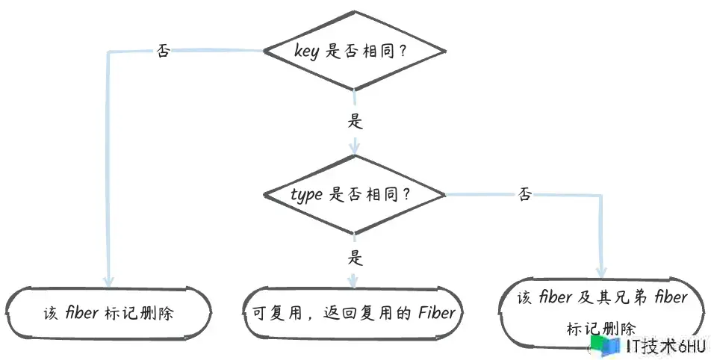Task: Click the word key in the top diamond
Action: [306, 52]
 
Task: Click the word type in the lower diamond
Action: [306, 195]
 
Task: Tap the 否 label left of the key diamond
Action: [164, 50]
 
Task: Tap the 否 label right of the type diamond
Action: [524, 194]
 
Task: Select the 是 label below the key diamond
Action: [355, 121]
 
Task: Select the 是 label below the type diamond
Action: [355, 258]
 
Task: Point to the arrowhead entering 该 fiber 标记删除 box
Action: [108, 280]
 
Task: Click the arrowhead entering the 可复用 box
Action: [353, 281]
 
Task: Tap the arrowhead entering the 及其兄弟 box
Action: [601, 271]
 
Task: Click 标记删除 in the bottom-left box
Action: [139, 313]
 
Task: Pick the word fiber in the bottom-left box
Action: [81, 313]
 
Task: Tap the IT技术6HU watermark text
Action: [666, 347]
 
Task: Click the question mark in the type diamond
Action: [406, 195]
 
